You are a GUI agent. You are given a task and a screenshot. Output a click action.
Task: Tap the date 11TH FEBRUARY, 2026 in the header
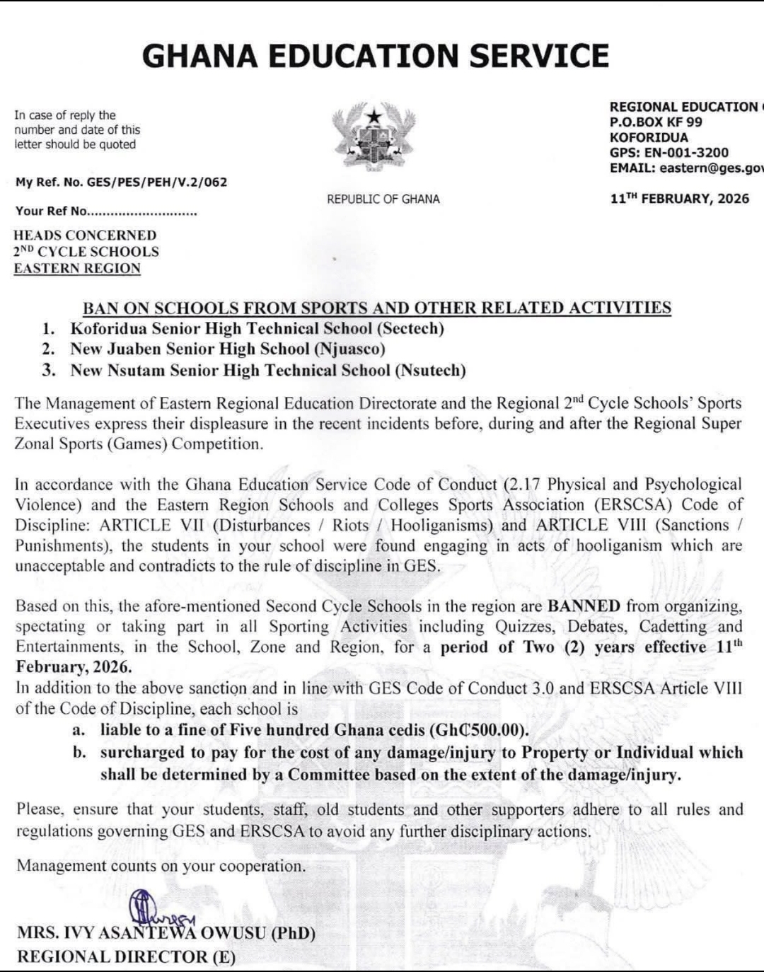[679, 199]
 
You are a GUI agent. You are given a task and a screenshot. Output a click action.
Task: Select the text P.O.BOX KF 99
[656, 122]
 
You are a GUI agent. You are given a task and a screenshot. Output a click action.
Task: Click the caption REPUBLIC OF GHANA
[383, 199]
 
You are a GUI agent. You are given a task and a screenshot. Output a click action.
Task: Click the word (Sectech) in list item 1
[410, 329]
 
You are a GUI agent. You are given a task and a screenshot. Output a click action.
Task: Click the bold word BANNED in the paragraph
[584, 606]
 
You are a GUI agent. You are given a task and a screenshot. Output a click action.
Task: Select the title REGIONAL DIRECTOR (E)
[126, 957]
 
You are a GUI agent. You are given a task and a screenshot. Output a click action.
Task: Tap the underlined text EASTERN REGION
[77, 269]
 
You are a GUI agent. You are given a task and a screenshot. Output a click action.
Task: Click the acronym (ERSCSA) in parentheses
[625, 505]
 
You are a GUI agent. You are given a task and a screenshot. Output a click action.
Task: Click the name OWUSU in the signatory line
[233, 933]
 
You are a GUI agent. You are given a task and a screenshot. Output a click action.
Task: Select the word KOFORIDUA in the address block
[649, 138]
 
